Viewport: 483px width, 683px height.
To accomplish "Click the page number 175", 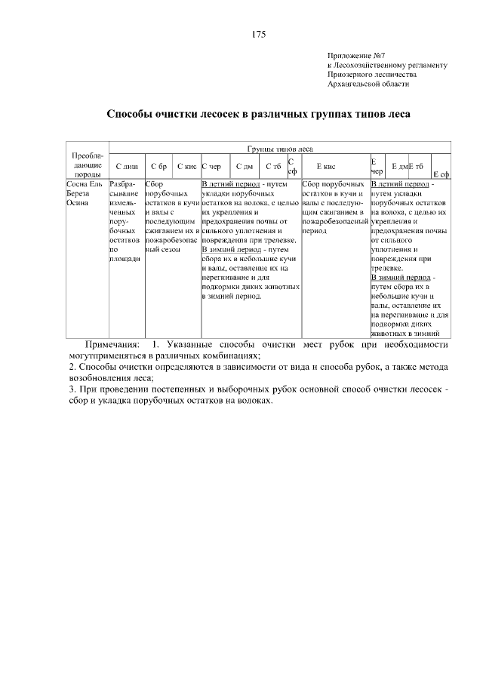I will [258, 34].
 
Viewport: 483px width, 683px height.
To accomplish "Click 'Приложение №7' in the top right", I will [356, 55].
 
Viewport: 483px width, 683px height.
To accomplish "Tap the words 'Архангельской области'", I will [368, 85].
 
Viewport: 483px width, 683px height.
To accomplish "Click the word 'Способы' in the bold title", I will [129, 115].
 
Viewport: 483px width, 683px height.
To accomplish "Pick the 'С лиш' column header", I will [126, 166].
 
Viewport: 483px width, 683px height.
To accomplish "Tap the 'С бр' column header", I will [158, 166].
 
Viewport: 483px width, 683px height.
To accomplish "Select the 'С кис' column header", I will [186, 166].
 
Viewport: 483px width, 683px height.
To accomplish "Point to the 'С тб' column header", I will [272, 166].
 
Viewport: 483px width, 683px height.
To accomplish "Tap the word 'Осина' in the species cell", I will [77, 203].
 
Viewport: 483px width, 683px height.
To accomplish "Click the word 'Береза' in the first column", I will [78, 193].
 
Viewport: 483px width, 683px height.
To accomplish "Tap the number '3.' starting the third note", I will [72, 389].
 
